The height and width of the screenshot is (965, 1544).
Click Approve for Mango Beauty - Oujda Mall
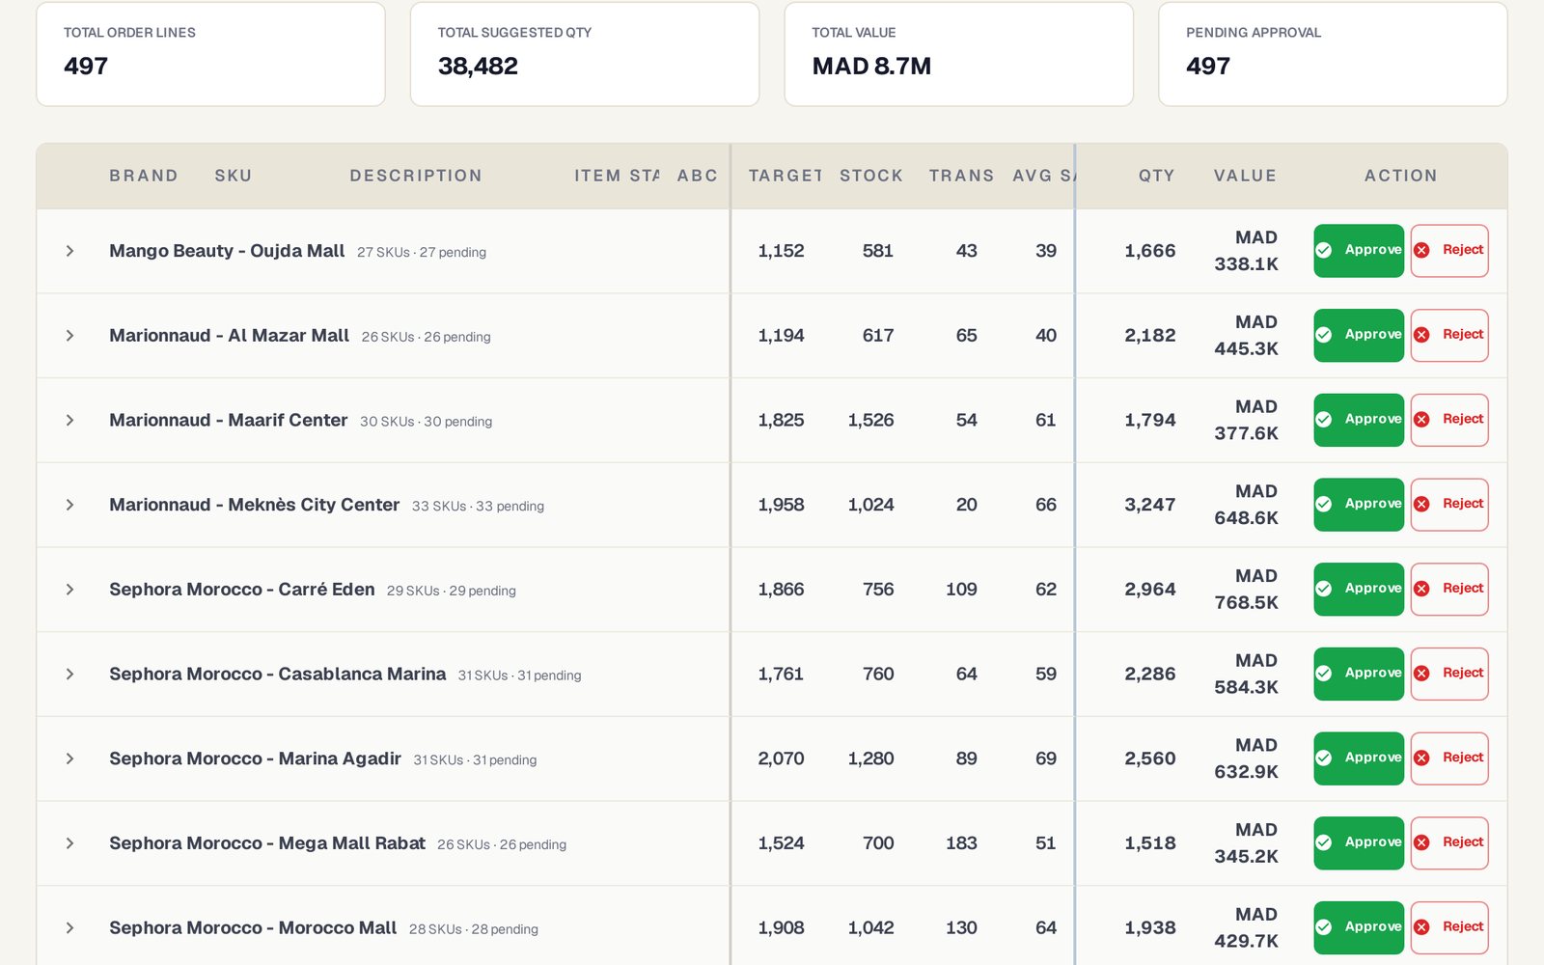point(1358,250)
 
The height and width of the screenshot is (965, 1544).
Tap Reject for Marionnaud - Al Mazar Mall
point(1448,335)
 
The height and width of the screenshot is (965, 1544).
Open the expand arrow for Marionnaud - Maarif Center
point(69,420)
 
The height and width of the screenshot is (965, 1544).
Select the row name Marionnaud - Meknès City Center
point(255,505)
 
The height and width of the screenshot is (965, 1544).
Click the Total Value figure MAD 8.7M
point(871,67)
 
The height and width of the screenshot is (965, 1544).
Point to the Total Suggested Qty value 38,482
point(478,67)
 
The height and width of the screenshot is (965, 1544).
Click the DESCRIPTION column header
point(416,176)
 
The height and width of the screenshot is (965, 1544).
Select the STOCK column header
point(871,176)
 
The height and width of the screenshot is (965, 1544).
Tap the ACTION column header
point(1400,176)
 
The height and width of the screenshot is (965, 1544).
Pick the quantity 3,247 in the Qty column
point(1149,505)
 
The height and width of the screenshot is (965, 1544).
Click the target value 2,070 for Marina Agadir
point(781,758)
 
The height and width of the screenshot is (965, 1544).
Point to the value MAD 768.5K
point(1246,590)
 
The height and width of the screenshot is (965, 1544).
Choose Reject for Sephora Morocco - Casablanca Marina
point(1448,674)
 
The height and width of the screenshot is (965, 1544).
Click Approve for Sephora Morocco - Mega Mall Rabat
point(1358,843)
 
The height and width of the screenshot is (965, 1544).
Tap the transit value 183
point(961,843)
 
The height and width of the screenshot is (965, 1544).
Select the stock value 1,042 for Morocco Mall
point(870,927)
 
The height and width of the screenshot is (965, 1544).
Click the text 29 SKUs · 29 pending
point(451,591)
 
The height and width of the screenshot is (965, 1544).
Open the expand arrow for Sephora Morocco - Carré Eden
point(69,590)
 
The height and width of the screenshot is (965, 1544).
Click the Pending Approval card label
point(1254,33)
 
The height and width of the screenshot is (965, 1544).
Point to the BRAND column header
point(144,176)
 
